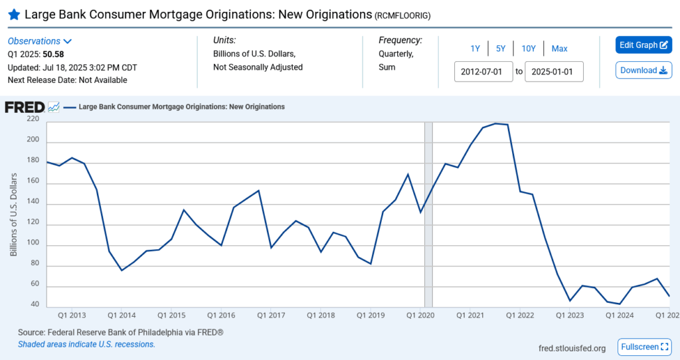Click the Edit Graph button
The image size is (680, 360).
pyautogui.click(x=643, y=45)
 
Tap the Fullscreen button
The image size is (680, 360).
pyautogui.click(x=643, y=347)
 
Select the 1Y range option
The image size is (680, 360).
pyautogui.click(x=475, y=48)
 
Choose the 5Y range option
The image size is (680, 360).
pyautogui.click(x=501, y=48)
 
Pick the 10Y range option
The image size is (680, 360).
pyautogui.click(x=529, y=48)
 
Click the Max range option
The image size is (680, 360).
pyautogui.click(x=559, y=48)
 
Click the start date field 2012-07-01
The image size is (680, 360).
pyautogui.click(x=483, y=72)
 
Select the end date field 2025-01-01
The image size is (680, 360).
pyautogui.click(x=554, y=72)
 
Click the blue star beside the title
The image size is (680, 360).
pyautogui.click(x=13, y=14)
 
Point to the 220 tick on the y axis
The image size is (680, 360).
pyautogui.click(x=33, y=119)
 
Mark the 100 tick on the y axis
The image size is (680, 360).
pyautogui.click(x=33, y=245)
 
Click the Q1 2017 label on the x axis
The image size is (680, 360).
pyautogui.click(x=271, y=315)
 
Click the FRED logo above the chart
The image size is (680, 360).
pyautogui.click(x=25, y=107)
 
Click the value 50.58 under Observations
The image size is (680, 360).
pyautogui.click(x=53, y=54)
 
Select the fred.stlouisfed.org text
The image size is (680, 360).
pyautogui.click(x=572, y=348)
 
